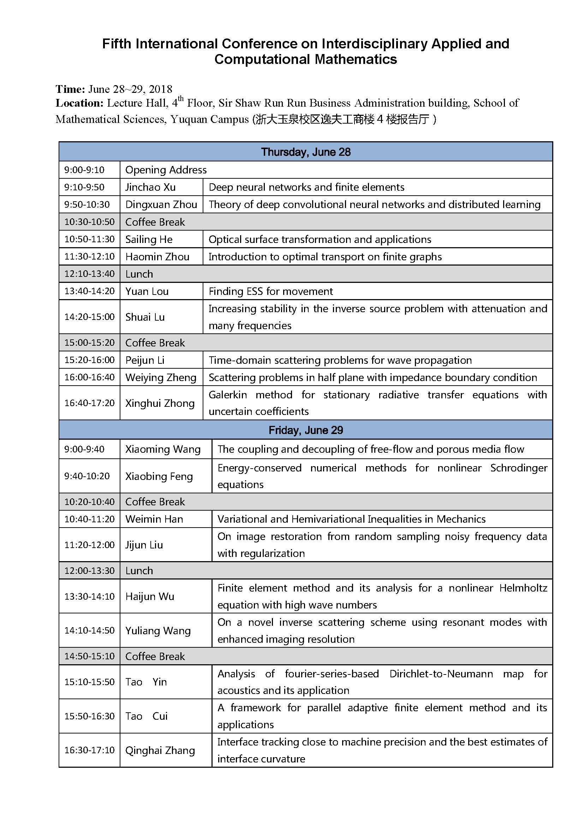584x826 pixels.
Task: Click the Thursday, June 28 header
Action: point(306,152)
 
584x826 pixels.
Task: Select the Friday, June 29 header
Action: point(306,430)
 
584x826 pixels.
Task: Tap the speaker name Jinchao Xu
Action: point(150,187)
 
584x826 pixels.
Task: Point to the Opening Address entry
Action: point(166,170)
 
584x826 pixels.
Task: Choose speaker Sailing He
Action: point(149,239)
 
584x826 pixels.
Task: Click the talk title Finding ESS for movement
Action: point(271,291)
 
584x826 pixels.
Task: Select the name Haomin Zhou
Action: point(157,256)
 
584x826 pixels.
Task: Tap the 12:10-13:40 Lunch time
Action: point(89,274)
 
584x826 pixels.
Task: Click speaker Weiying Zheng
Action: point(161,378)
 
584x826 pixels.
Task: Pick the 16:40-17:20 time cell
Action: point(89,403)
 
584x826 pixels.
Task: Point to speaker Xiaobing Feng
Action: point(159,476)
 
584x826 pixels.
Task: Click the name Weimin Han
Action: point(154,519)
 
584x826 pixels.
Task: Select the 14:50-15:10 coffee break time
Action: point(89,656)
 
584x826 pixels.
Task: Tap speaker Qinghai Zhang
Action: point(160,750)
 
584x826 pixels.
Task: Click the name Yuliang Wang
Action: point(158,631)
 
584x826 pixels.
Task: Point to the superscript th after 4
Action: point(181,99)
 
